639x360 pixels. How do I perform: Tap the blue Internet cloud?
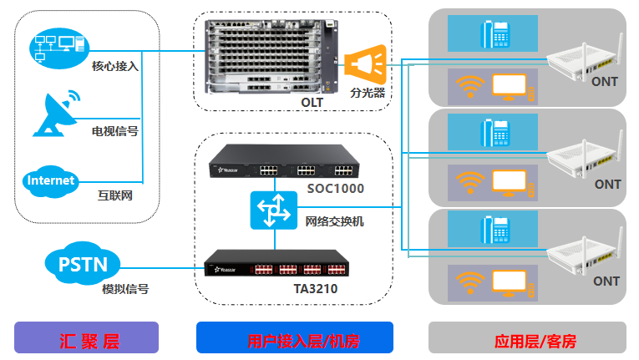(x=51, y=180)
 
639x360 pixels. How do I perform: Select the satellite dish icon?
(x=57, y=114)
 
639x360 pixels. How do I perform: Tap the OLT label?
(x=312, y=102)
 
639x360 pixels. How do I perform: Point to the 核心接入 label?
(x=115, y=64)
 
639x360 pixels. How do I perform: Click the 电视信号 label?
(x=115, y=131)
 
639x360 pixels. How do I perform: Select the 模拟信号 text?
(x=125, y=289)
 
